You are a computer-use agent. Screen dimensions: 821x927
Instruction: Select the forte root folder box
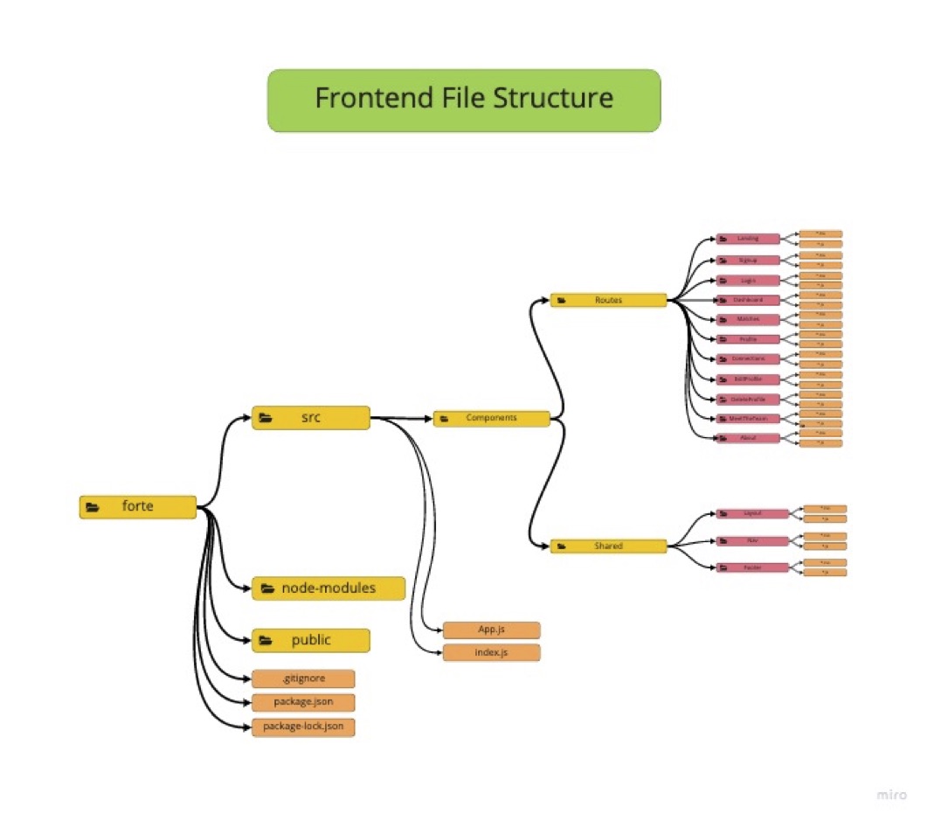138,507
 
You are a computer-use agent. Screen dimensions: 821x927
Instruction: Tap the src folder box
311,418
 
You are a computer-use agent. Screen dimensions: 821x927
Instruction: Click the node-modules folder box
329,588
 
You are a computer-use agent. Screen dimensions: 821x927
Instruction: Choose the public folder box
311,640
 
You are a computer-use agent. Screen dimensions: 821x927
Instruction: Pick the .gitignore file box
303,678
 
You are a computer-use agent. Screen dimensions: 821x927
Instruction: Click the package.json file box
303,702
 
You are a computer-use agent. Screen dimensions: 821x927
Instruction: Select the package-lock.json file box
303,727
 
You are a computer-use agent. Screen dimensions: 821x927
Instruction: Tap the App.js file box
491,630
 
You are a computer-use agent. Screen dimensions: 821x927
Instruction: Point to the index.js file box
491,653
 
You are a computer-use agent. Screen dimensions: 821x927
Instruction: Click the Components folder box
491,419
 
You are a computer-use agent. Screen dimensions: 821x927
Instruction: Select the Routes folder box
608,301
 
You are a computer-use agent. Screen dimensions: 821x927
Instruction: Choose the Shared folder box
608,546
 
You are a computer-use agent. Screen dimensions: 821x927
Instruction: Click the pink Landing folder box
748,239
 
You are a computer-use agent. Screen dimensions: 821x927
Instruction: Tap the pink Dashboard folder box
748,300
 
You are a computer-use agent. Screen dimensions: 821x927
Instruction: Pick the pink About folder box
748,438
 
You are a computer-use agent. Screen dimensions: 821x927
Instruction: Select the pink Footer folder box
752,567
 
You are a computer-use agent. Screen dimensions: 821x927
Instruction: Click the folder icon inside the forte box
93,507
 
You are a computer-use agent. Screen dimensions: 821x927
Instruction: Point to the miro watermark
890,795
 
